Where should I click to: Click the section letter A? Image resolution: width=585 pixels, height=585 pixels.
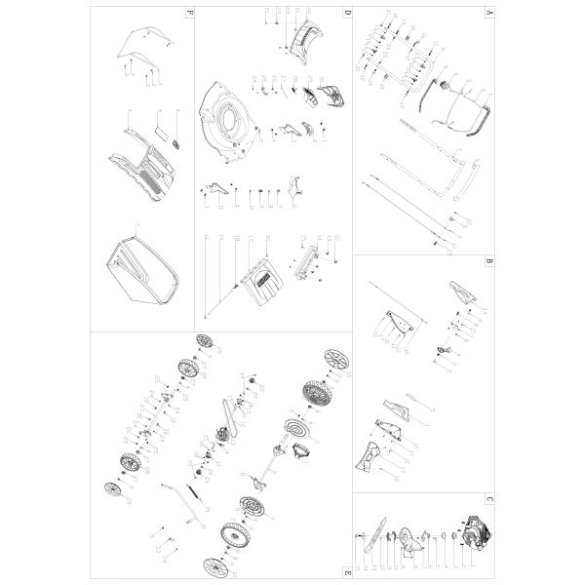point(487,15)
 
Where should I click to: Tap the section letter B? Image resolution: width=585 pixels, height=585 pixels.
point(487,262)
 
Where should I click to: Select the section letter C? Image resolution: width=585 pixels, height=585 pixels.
point(487,501)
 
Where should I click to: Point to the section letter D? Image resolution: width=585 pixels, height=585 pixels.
point(346,13)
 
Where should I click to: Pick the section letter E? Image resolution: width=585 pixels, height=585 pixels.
point(346,569)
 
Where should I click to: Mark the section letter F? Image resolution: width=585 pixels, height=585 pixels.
point(190,13)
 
